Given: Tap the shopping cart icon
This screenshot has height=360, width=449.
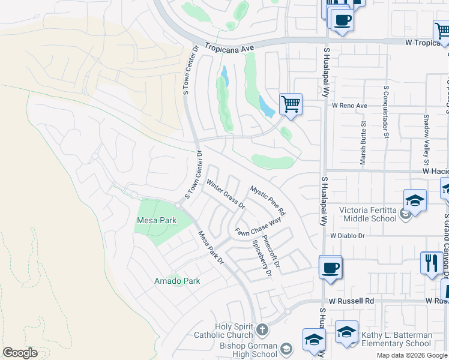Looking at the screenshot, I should tap(291, 104).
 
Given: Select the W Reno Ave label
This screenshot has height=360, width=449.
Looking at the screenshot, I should tap(349, 106).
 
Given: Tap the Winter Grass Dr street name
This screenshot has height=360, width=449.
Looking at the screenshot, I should tap(226, 193).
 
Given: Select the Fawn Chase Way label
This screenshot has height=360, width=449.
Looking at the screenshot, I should tap(258, 227).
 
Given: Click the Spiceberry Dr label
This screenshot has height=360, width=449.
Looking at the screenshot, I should tap(262, 258).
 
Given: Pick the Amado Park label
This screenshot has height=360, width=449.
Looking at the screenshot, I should tap(177, 280).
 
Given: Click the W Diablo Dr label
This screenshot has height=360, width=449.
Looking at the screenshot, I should tap(347, 236).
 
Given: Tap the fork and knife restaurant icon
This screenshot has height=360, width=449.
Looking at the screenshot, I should tap(431, 263).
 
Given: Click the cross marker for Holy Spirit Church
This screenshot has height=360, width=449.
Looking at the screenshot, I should tap(262, 329).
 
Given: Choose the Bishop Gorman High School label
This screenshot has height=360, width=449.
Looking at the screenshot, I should tap(247, 350).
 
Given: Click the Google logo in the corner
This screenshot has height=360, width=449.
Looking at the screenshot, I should tap(20, 353).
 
